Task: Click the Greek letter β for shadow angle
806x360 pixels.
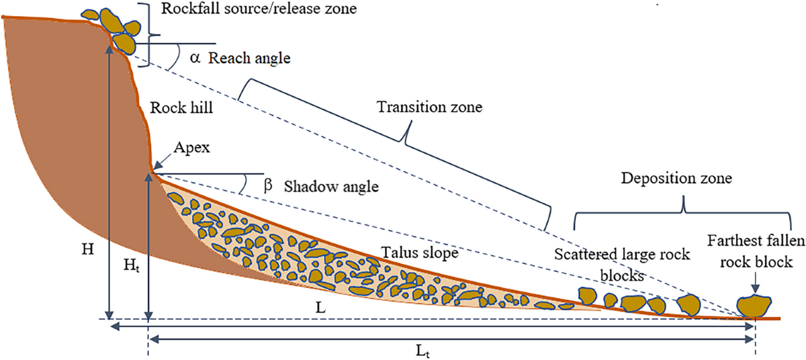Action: (268, 186)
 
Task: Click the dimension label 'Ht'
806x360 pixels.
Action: (132, 266)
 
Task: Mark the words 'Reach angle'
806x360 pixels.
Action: (249, 58)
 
